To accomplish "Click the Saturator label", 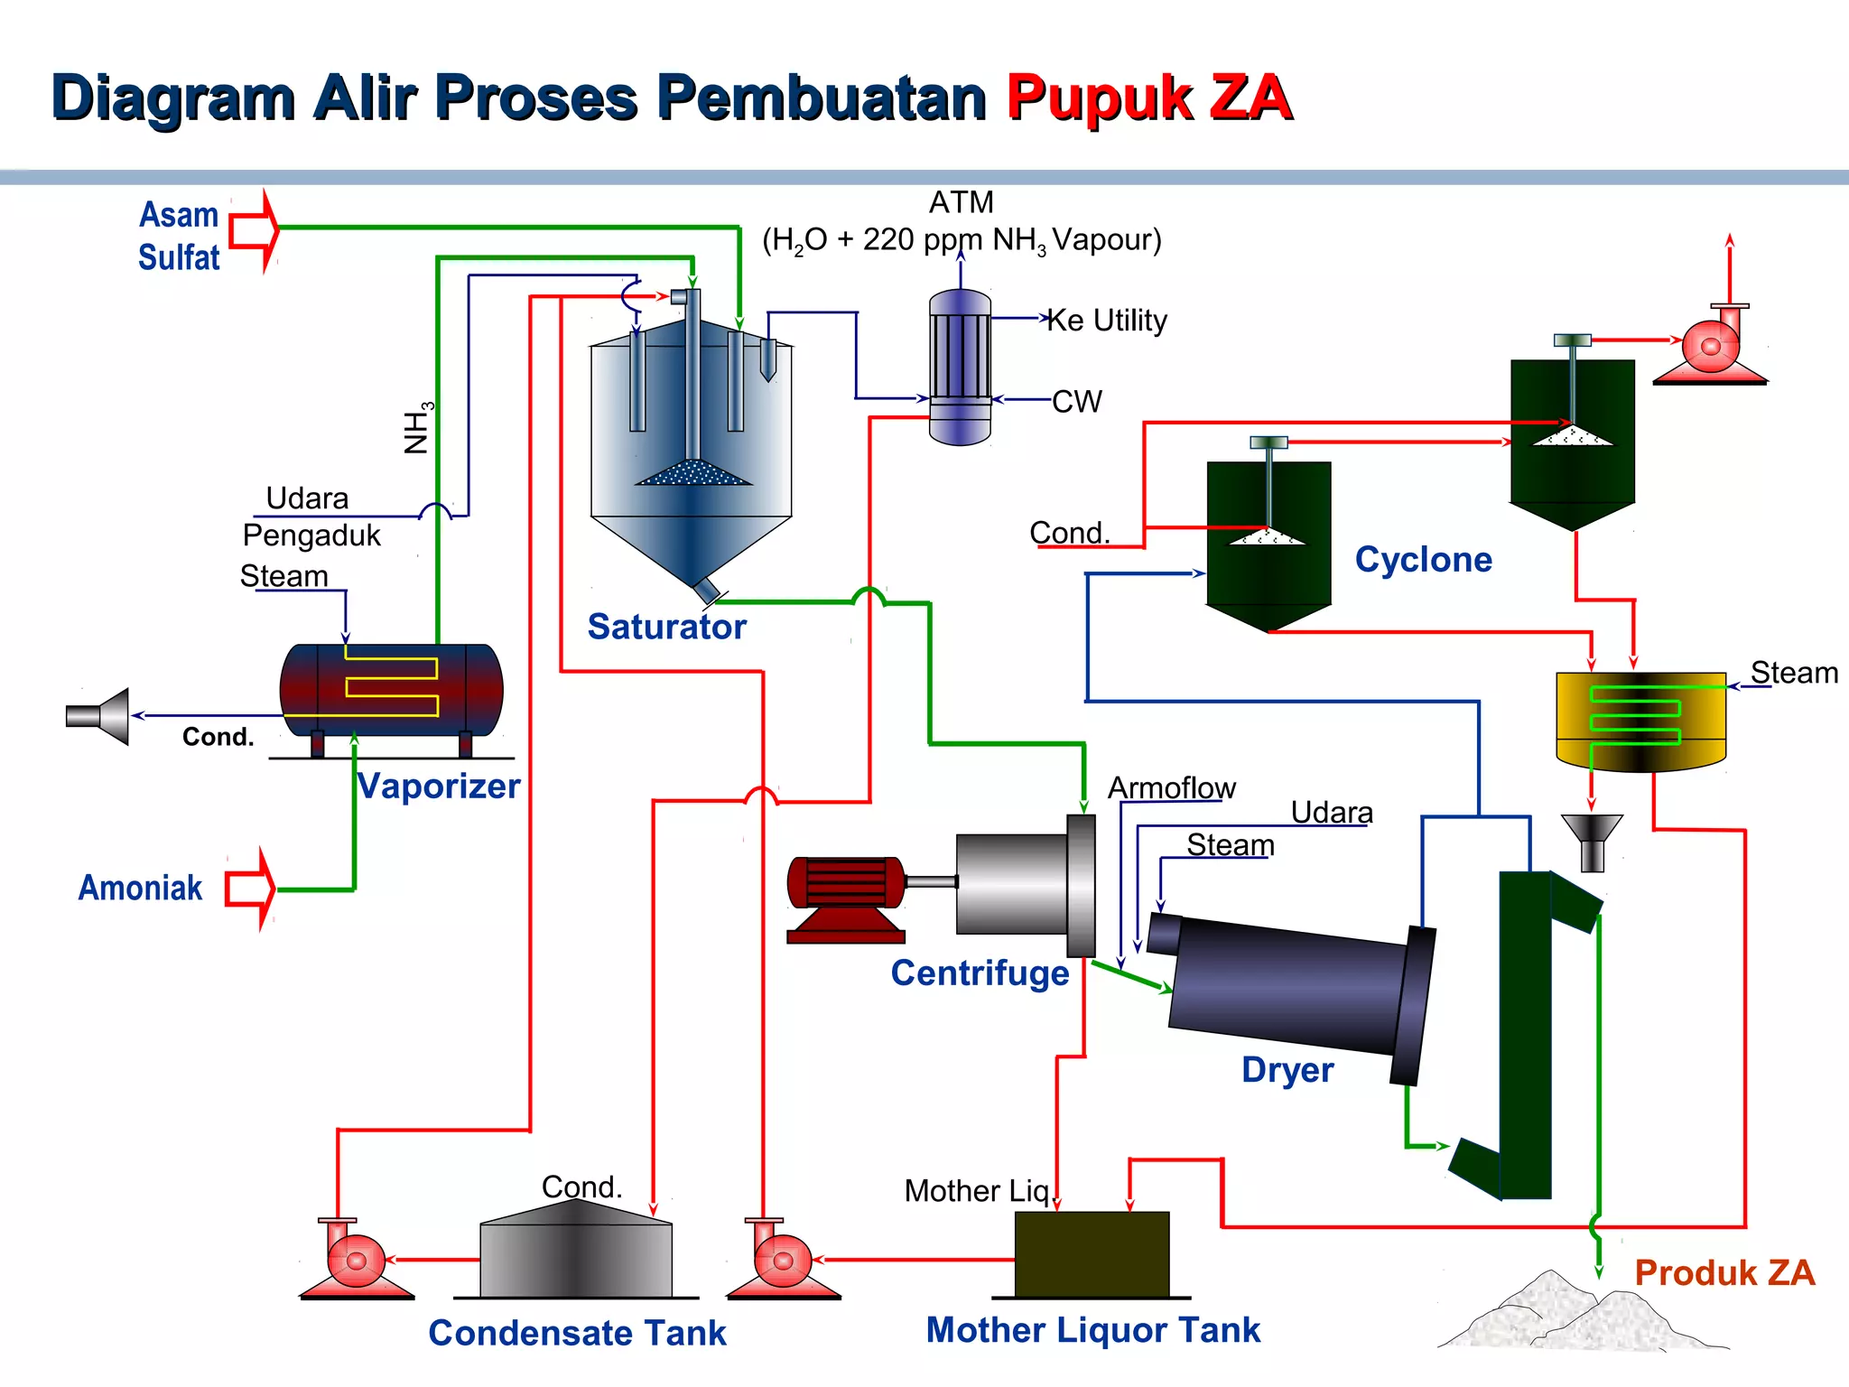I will (666, 627).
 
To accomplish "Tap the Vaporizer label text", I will (439, 786).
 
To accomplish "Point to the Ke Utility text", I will (1107, 321).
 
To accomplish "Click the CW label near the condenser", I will (1077, 401).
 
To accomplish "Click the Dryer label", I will (1287, 1070).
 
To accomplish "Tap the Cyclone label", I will (1423, 560).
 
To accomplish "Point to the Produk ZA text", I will (1724, 1272).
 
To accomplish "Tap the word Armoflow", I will (1171, 787).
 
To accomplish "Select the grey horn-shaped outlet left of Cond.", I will (99, 716).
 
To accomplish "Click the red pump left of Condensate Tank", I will (355, 1261).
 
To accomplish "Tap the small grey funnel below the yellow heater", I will (1592, 841).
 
